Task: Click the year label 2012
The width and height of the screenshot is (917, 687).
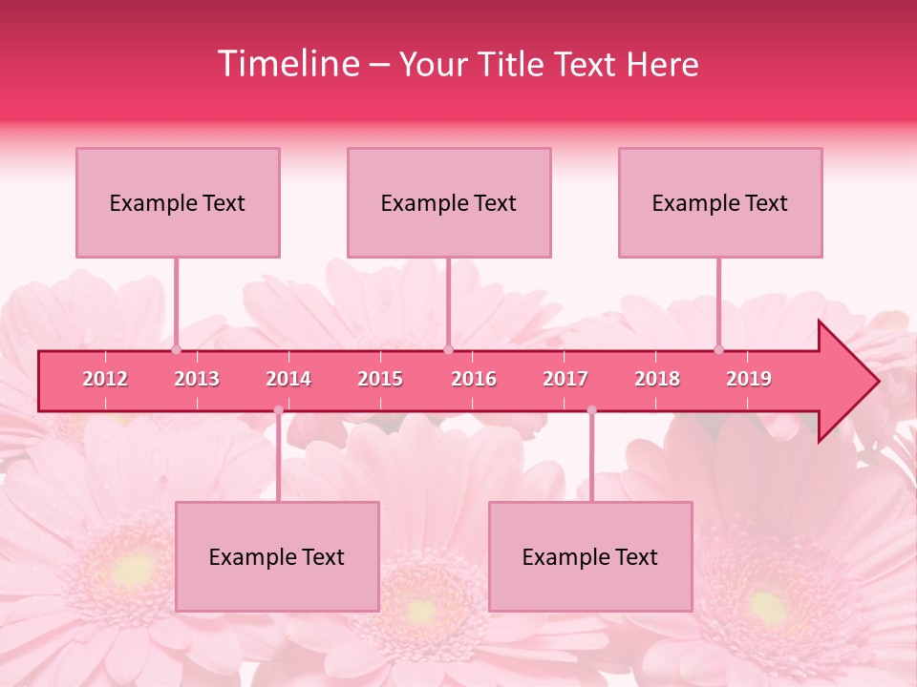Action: coord(105,379)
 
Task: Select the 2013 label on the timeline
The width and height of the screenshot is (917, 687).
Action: coord(197,379)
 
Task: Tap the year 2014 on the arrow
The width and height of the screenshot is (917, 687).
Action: coord(288,379)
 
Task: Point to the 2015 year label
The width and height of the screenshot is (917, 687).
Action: coord(380,379)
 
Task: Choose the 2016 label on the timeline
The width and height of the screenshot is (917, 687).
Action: coord(474,379)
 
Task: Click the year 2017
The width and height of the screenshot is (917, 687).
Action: coord(565,379)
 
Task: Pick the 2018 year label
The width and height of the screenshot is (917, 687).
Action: coord(657,379)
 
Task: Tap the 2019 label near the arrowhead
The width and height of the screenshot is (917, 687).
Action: coord(749,379)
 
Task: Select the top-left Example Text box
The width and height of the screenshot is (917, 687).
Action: coord(178,202)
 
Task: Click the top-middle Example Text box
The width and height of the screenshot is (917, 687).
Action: coord(449,202)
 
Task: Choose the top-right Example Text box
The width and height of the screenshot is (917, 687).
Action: coord(720,202)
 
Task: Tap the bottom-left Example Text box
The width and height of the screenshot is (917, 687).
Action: coord(277,556)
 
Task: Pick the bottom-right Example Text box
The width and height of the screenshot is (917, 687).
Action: coord(590,556)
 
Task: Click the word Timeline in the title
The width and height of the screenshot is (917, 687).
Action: coord(287,64)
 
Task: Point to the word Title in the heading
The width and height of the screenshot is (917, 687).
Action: coord(514,64)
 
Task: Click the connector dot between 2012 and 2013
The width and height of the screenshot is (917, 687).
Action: coord(176,350)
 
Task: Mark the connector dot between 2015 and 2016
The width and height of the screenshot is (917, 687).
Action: coord(448,350)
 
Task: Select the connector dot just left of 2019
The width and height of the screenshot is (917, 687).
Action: coord(719,350)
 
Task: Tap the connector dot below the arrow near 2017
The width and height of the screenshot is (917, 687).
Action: coord(591,410)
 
